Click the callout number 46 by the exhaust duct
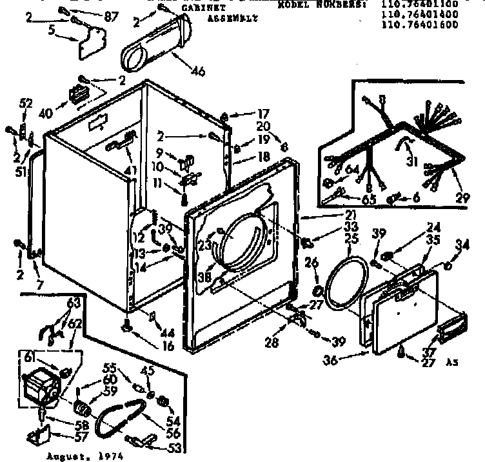click(198, 71)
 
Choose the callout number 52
click(26, 103)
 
